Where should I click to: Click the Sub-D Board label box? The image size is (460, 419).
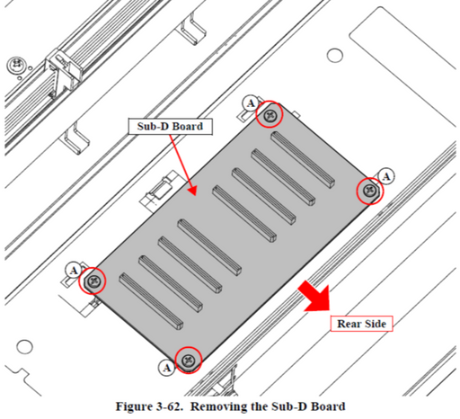pyautogui.click(x=171, y=127)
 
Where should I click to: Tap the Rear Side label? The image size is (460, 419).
pyautogui.click(x=361, y=324)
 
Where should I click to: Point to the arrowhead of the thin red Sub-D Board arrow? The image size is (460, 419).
pyautogui.click(x=192, y=191)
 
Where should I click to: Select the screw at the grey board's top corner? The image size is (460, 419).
pyautogui.click(x=270, y=114)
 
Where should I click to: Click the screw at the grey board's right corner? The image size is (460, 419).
pyautogui.click(x=370, y=191)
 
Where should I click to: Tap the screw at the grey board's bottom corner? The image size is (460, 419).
pyautogui.click(x=189, y=360)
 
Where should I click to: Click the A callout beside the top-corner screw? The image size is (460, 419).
pyautogui.click(x=251, y=103)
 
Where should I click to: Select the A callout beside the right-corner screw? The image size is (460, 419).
pyautogui.click(x=386, y=176)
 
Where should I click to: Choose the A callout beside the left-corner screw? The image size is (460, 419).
pyautogui.click(x=74, y=271)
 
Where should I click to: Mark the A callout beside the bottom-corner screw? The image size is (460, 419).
pyautogui.click(x=167, y=368)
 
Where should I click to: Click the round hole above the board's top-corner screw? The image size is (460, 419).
pyautogui.click(x=335, y=56)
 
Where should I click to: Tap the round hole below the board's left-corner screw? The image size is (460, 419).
pyautogui.click(x=24, y=347)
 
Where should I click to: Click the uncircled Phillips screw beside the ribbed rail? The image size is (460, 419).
pyautogui.click(x=15, y=65)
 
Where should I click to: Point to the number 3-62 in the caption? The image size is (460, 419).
pyautogui.click(x=169, y=406)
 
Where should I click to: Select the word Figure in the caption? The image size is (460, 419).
pyautogui.click(x=134, y=406)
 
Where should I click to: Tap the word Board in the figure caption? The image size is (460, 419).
pyautogui.click(x=328, y=406)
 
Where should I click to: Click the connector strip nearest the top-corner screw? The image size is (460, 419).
pyautogui.click(x=303, y=160)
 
